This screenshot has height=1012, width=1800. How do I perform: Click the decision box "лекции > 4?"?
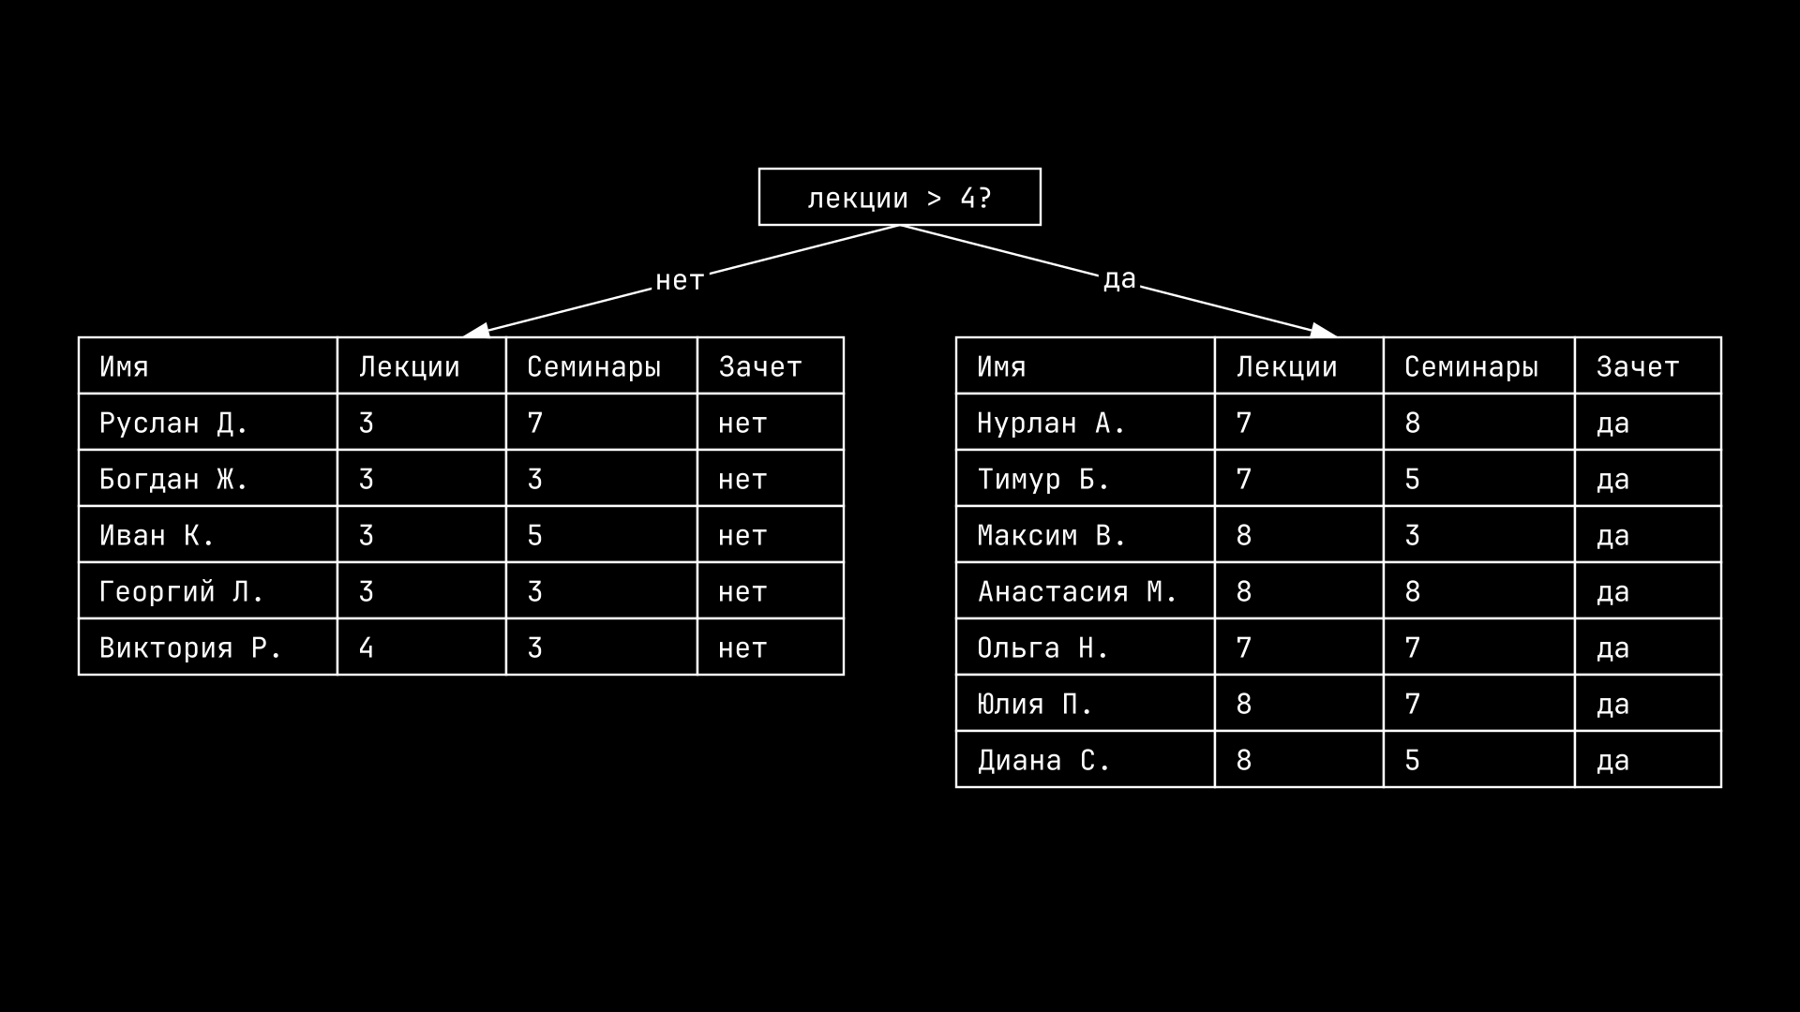[899, 197]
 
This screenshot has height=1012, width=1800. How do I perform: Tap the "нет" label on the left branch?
[679, 280]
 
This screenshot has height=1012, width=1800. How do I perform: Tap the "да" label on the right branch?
[1119, 278]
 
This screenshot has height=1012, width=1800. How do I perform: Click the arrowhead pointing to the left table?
[476, 330]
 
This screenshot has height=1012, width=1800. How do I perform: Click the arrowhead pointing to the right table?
[1323, 330]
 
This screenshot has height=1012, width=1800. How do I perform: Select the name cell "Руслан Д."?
[207, 423]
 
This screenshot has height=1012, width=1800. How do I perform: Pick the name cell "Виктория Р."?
[207, 647]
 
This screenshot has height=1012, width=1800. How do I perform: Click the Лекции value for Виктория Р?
[421, 647]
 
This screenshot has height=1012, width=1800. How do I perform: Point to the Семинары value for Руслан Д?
[601, 423]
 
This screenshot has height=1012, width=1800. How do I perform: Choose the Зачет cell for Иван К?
[770, 535]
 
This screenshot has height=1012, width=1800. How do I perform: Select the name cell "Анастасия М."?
[1085, 591]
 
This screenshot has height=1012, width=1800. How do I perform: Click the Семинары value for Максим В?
[1478, 535]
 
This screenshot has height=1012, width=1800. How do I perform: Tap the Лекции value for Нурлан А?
[1298, 423]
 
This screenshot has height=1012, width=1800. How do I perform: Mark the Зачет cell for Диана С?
[1647, 760]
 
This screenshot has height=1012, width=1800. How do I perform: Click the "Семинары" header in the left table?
[601, 366]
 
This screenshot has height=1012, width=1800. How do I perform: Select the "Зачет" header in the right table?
[1647, 366]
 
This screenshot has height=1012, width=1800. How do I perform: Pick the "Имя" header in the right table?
[1085, 366]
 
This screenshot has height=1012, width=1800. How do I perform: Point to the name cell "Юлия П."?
[1085, 704]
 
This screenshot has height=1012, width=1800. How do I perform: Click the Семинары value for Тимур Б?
[1478, 479]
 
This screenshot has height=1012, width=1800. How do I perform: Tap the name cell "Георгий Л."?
[207, 591]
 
